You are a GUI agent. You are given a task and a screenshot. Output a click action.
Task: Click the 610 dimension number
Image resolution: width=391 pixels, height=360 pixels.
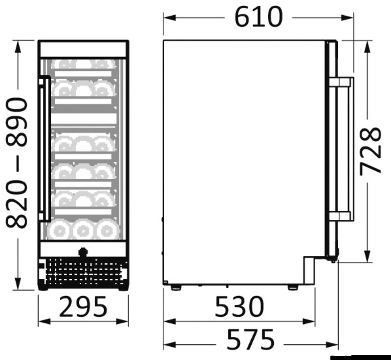pos(259,17)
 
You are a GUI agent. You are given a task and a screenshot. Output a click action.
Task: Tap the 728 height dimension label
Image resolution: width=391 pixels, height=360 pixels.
pos(371,150)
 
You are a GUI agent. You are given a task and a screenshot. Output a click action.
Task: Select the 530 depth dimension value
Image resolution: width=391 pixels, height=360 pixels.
pos(239,306)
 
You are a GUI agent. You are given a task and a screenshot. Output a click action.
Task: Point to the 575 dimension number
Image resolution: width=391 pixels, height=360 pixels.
pos(250,339)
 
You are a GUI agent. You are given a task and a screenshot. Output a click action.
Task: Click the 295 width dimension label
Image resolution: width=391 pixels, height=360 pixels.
pos(83,306)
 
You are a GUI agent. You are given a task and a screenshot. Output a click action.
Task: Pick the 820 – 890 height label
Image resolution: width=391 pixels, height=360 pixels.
pos(17,163)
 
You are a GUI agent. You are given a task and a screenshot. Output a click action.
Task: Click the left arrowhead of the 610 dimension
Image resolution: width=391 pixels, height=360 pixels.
pos(170,18)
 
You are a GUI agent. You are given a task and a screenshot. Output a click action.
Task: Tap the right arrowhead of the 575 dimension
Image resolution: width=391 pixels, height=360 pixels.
pos(332,345)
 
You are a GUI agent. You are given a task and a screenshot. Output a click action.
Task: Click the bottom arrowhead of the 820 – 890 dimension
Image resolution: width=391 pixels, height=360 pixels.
pos(18,283)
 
